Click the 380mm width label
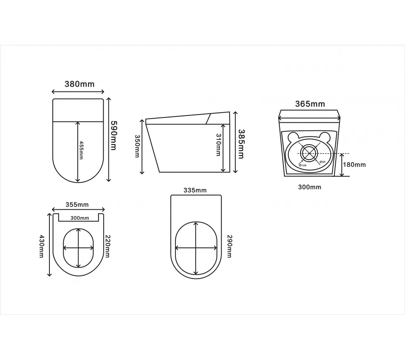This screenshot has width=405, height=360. (x=79, y=84)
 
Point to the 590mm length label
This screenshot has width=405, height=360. (x=113, y=136)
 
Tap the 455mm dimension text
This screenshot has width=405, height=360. (x=81, y=150)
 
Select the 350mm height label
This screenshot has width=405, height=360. (x=137, y=146)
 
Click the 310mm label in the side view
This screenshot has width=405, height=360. (x=218, y=145)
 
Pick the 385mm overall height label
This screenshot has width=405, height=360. (x=241, y=144)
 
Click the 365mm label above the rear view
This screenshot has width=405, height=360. (x=310, y=104)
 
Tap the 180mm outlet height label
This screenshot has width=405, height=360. (x=354, y=165)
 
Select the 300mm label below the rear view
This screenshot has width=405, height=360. (x=310, y=187)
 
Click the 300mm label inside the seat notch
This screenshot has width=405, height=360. (x=80, y=218)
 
